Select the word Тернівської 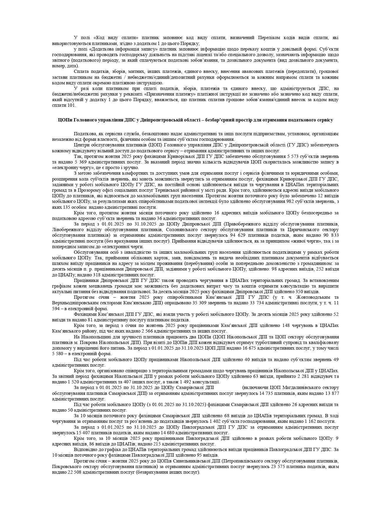(x=175, y=190)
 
